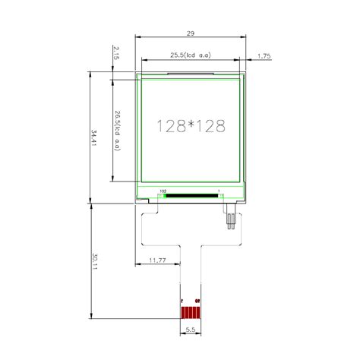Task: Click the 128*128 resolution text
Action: point(191,127)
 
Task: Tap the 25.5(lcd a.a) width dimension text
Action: point(190,55)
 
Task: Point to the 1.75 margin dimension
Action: point(265,56)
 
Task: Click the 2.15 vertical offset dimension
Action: point(115,53)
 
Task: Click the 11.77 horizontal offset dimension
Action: point(157,261)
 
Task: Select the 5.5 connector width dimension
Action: point(191,330)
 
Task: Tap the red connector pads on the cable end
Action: point(191,311)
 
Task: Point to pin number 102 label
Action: point(163,191)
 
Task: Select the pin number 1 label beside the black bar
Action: point(219,191)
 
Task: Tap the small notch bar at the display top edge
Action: point(190,74)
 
